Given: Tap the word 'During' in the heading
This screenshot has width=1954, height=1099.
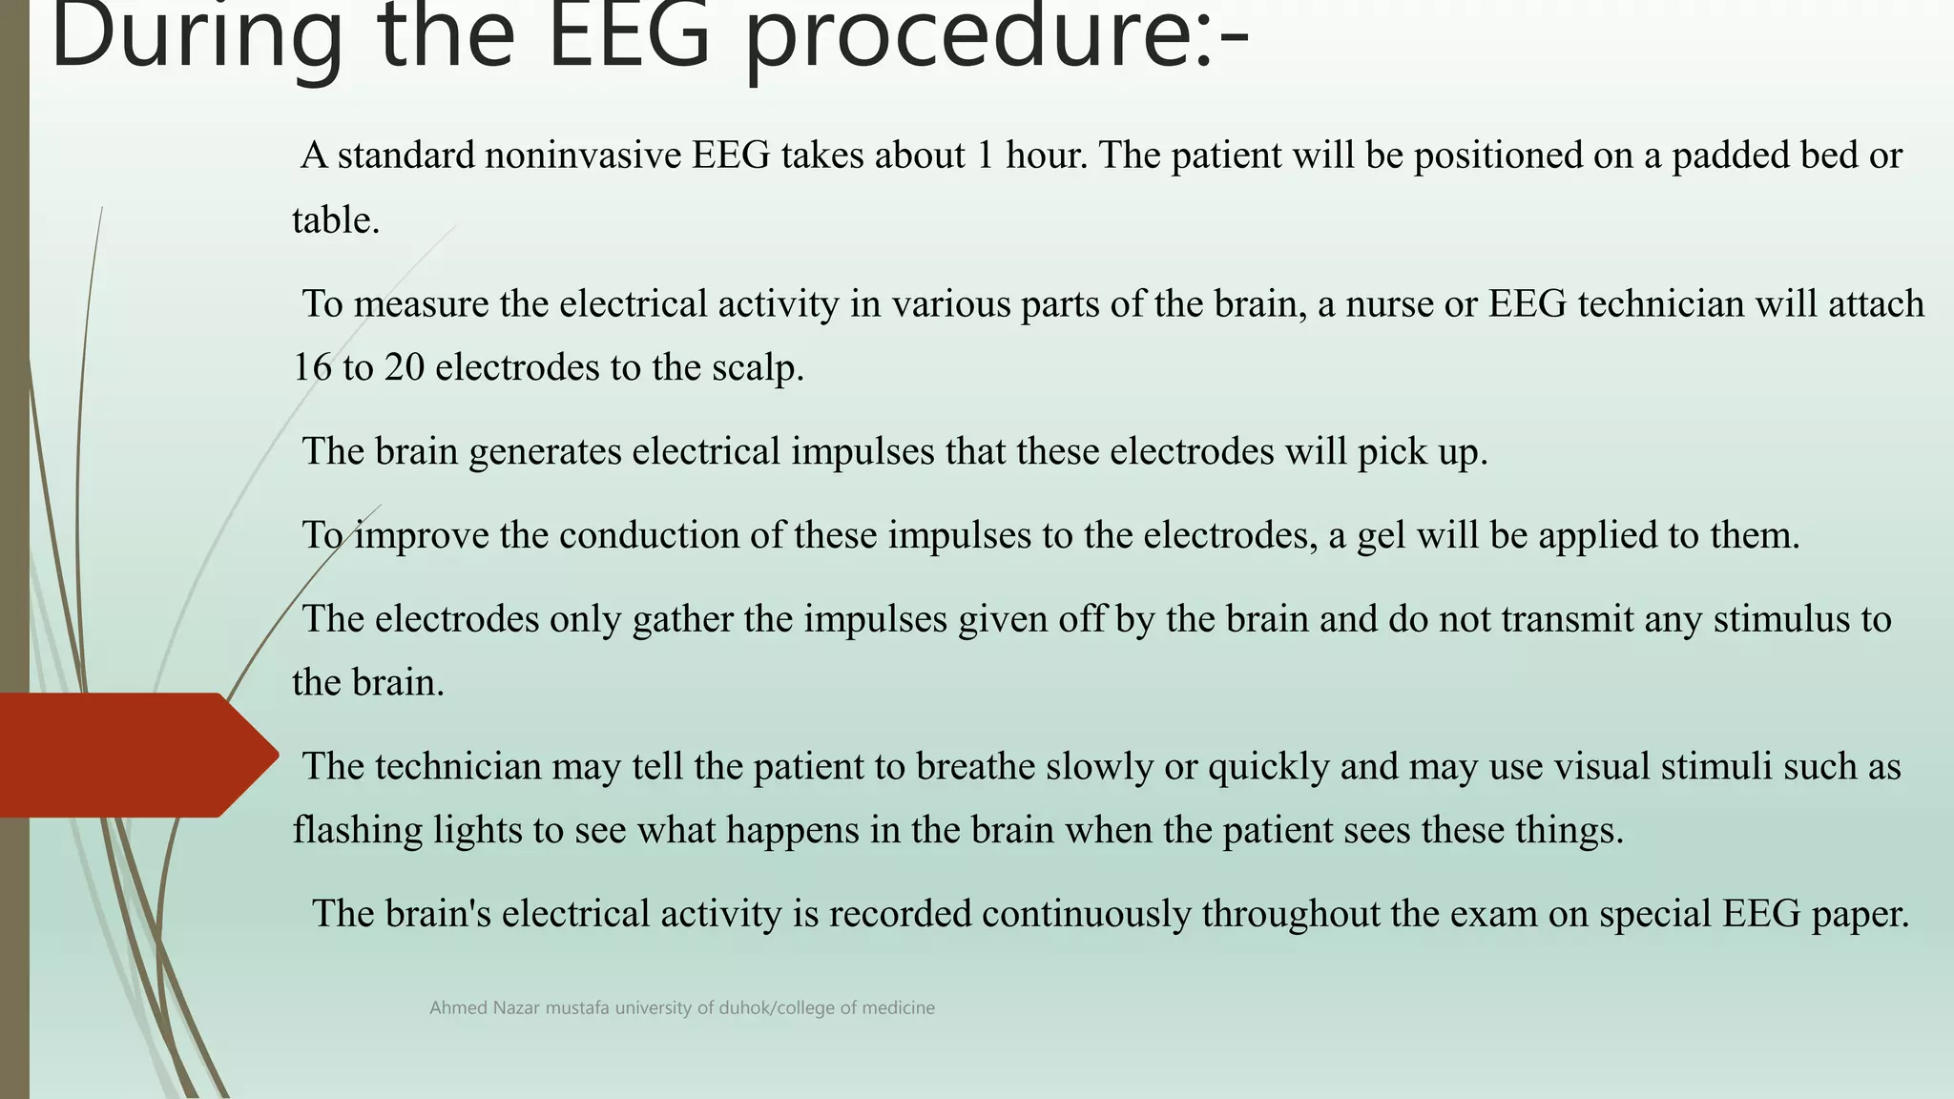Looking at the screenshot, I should coord(197,38).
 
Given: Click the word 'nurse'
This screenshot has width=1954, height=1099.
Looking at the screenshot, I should coord(1406,304).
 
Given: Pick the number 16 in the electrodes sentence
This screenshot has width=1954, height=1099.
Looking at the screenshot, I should coord(312,368).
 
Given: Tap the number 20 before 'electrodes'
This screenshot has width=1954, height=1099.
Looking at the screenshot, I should coord(404,368).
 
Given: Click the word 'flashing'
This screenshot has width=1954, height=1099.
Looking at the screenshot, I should coord(357,831).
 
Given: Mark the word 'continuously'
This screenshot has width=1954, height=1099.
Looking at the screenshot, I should coord(1086,915).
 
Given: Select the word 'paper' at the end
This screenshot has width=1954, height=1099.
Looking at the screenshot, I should coord(1860,915).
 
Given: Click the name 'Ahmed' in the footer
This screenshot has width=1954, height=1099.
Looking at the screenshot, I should coord(458,1008).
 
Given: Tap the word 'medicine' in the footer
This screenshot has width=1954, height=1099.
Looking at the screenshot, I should coord(898,1008).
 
